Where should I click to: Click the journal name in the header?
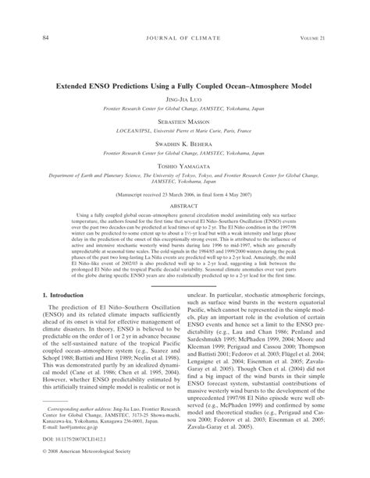185,37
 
